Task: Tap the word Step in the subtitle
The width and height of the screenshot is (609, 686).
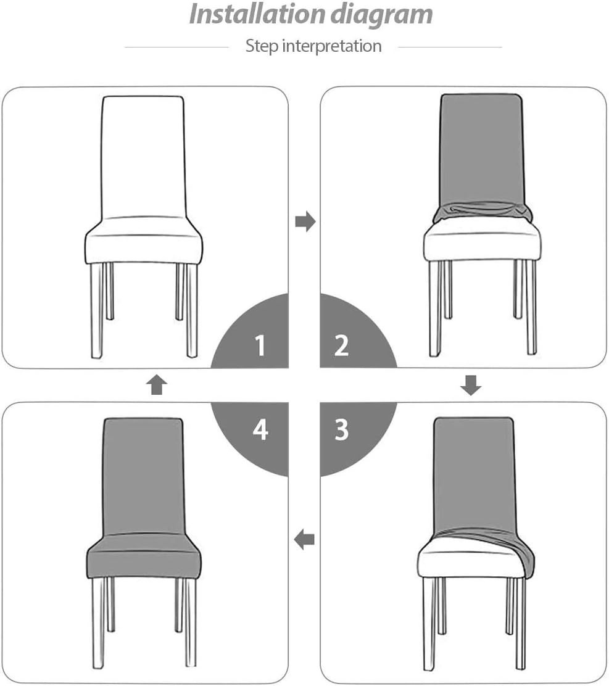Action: click(x=262, y=46)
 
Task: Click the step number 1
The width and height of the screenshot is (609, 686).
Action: click(x=260, y=345)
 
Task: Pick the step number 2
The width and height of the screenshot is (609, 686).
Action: click(x=341, y=345)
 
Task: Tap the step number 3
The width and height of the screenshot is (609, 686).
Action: click(x=342, y=429)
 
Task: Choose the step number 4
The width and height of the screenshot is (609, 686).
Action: click(x=260, y=429)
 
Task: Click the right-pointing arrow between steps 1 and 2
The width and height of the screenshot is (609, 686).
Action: click(x=305, y=221)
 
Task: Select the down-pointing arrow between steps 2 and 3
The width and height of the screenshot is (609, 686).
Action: click(x=471, y=385)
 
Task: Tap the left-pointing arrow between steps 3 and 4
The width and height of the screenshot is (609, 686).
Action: click(x=304, y=539)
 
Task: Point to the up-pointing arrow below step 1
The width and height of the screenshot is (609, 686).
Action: click(x=156, y=384)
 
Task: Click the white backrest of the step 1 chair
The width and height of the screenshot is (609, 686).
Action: click(x=143, y=157)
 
